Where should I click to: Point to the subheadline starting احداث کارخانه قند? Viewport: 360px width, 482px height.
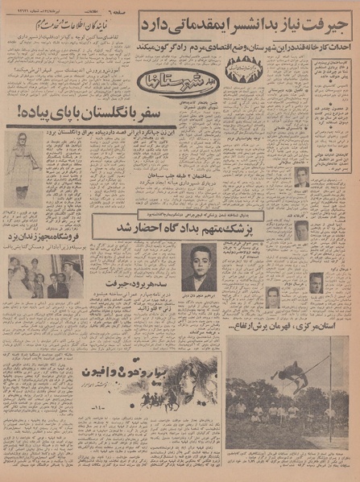click(x=242, y=47)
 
